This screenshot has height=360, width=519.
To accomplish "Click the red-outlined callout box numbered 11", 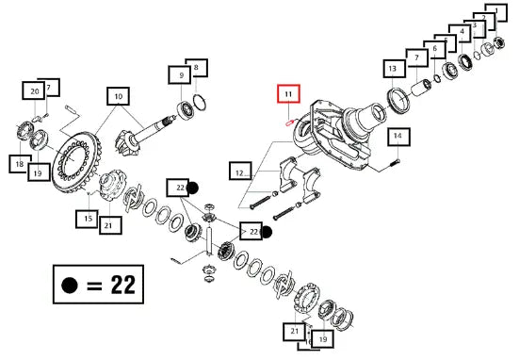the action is (288, 93).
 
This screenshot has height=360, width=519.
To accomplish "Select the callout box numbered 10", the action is (118, 96).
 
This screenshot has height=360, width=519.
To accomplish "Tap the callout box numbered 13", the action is (395, 69).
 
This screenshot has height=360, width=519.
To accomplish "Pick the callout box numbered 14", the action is (397, 137).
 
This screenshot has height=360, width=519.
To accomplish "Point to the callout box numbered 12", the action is (240, 171).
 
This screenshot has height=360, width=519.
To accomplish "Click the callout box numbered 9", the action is (180, 74).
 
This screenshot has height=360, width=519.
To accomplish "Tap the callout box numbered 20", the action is (33, 90).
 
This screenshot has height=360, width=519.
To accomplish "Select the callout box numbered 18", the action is (19, 164).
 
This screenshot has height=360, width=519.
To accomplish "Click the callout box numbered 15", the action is (87, 219).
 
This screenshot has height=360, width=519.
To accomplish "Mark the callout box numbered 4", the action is (462, 32).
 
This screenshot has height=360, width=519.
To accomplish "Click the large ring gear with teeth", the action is (77, 162).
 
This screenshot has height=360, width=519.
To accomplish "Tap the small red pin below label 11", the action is (289, 123).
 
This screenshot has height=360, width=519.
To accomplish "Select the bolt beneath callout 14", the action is (396, 162).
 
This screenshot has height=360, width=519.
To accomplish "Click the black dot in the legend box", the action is (70, 285).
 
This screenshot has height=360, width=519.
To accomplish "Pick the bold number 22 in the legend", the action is (123, 285).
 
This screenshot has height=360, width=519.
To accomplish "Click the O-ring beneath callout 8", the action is (200, 102).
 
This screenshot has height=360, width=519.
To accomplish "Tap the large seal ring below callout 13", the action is (398, 100).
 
